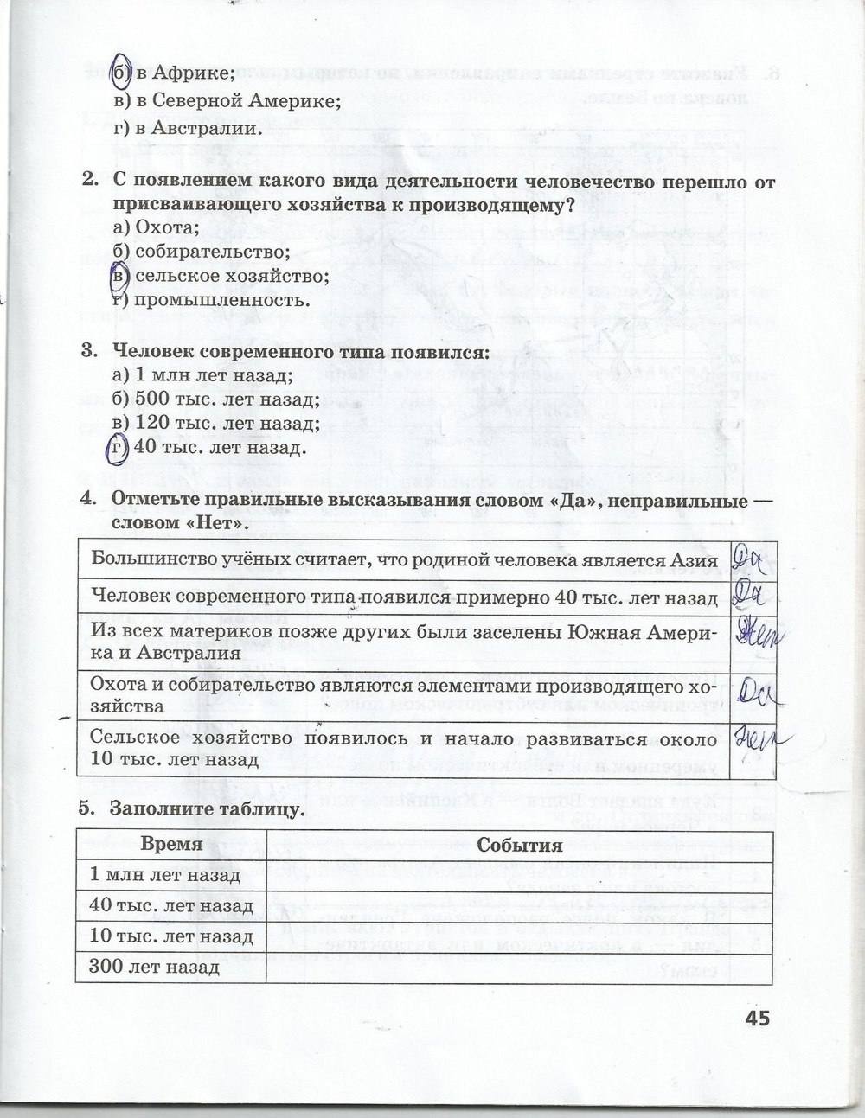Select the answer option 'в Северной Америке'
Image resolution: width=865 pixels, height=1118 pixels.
pos(227,101)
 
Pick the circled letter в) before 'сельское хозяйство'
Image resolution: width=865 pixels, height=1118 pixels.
pos(119,277)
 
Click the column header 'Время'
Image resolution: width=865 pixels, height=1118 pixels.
pos(172,845)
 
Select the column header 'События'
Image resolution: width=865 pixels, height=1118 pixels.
pos(519,846)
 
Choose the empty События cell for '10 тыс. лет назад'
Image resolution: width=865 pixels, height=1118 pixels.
pos(518,936)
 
